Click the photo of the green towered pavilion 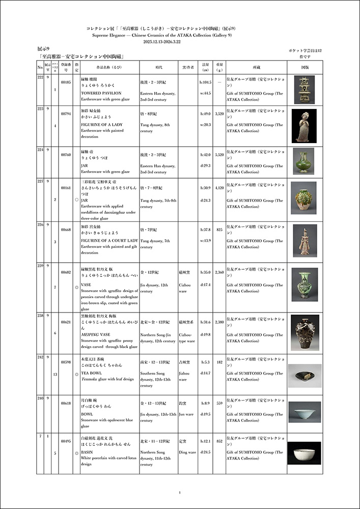click(304, 90)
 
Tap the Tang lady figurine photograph click(304, 126)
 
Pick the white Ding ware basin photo click(304, 453)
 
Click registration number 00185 click(65, 81)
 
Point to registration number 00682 click(65, 273)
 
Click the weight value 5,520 click(219, 155)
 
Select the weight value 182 click(219, 362)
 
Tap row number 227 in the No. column click(40, 181)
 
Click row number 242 click(40, 357)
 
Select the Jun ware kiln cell click(186, 414)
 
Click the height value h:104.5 click(205, 81)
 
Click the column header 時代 click(158, 67)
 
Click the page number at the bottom click(180, 492)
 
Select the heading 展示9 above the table click(44, 48)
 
